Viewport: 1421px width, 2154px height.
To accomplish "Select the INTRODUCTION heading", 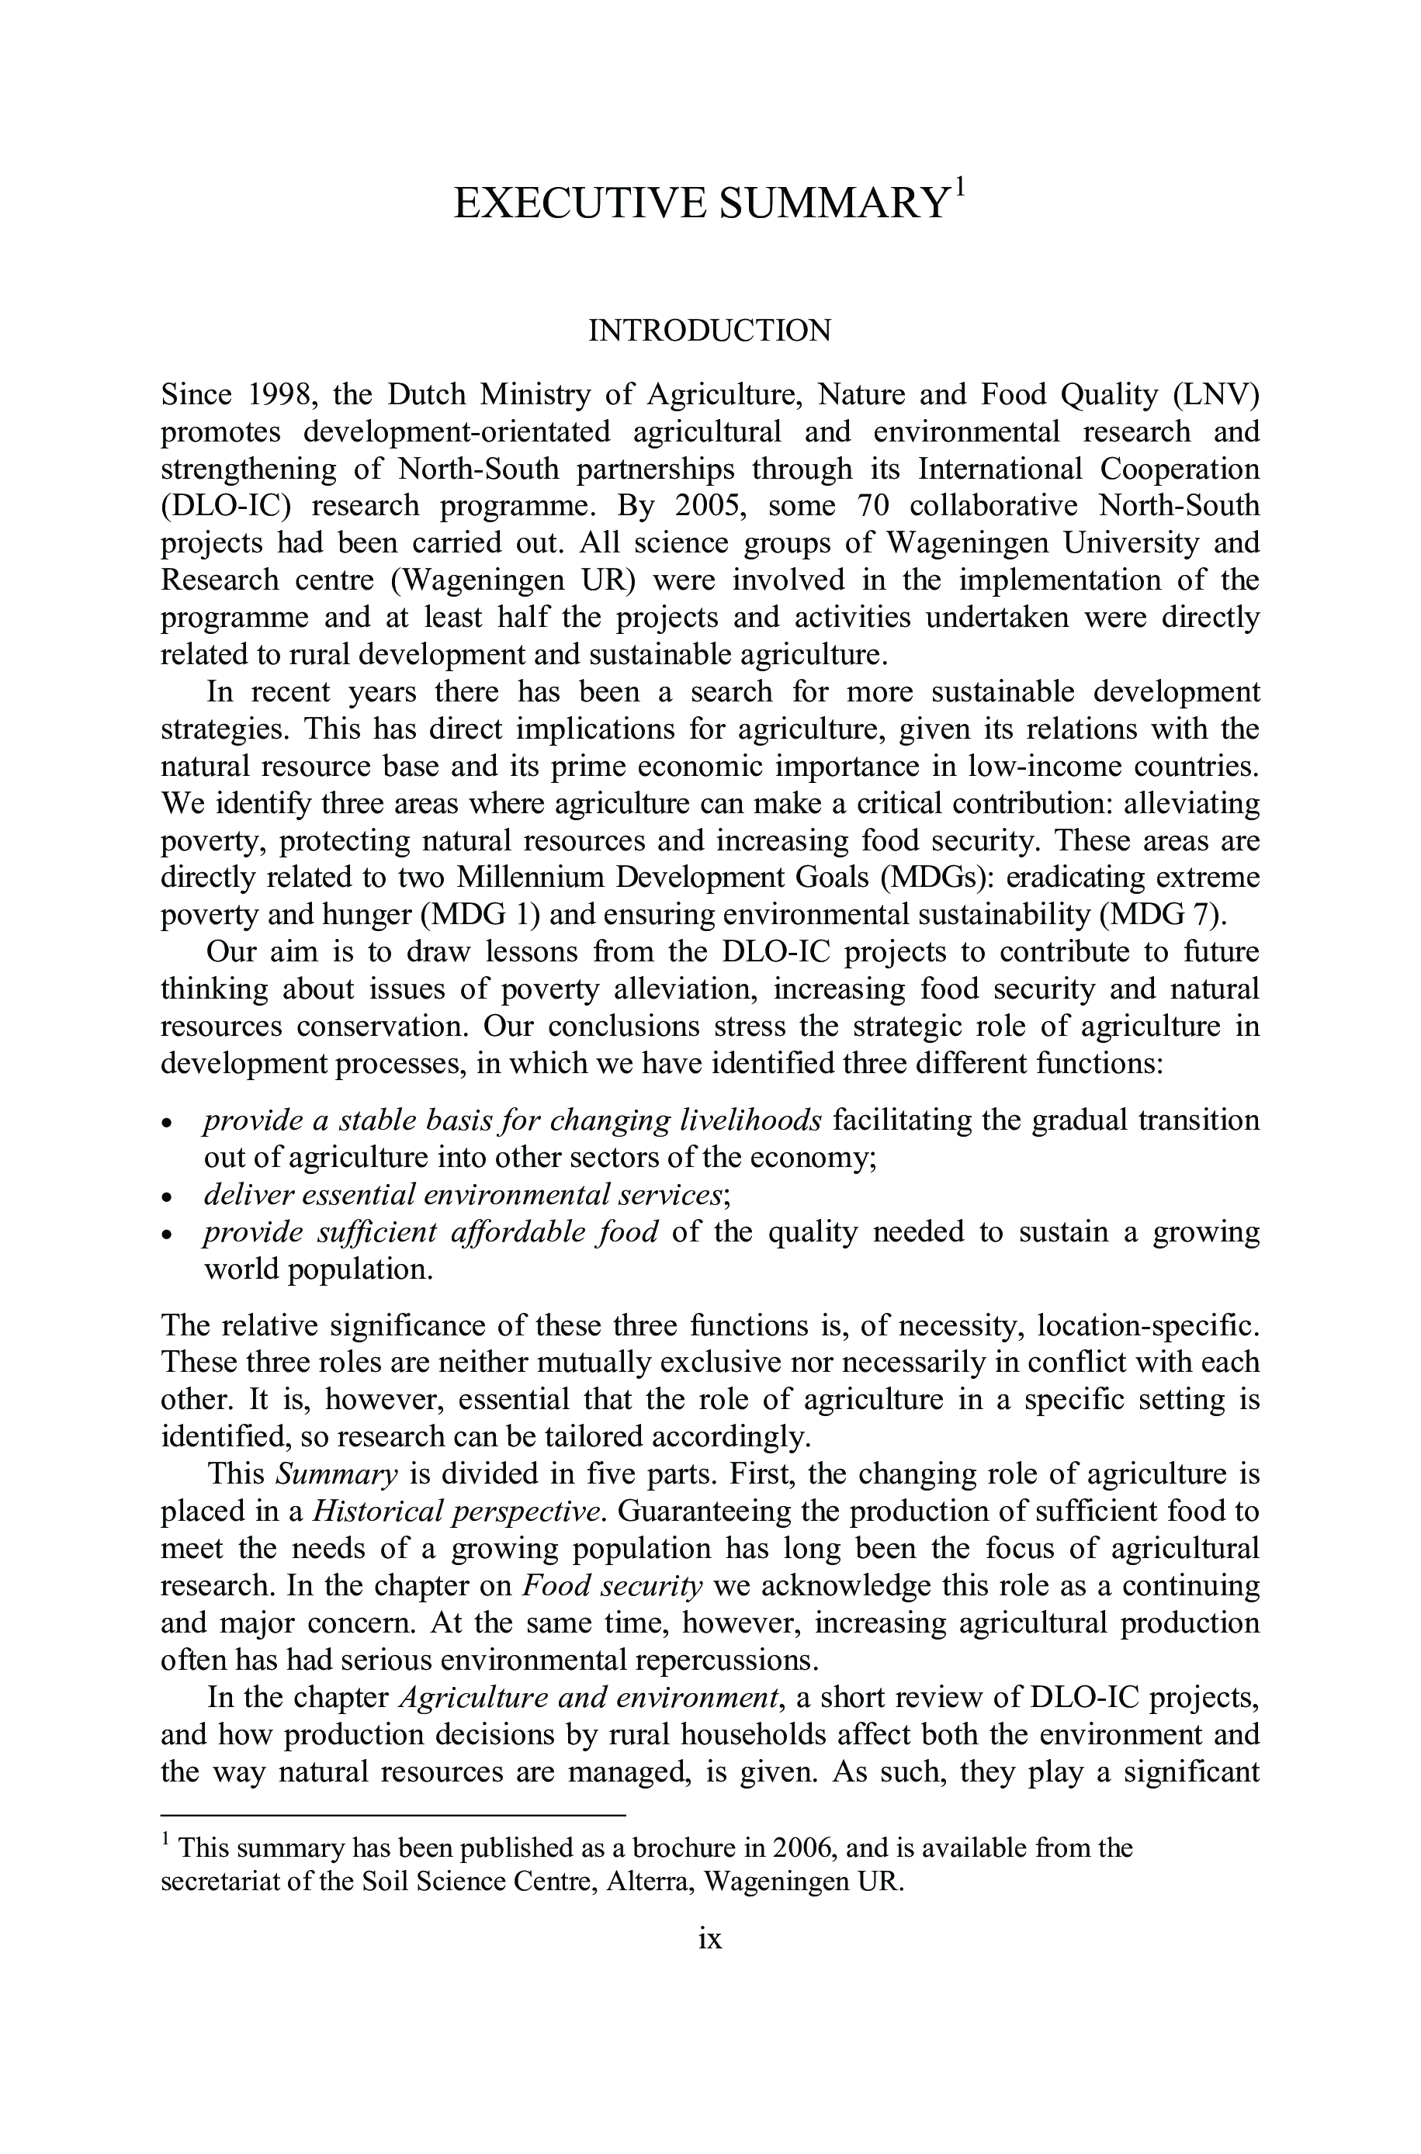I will [x=709, y=331].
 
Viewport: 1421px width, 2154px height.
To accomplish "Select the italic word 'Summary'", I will [x=337, y=1474].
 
